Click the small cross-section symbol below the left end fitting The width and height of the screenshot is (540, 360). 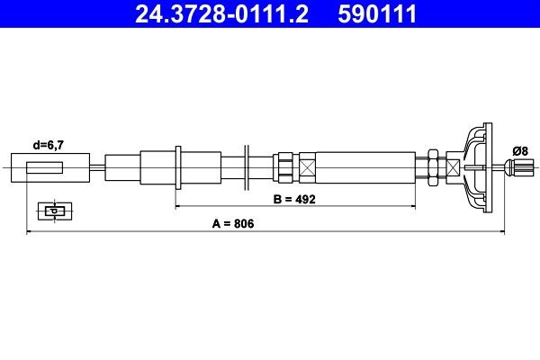point(55,211)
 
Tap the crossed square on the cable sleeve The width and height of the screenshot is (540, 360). point(308,167)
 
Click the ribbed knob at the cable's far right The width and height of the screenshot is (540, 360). point(520,167)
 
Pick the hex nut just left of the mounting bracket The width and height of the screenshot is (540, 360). point(434,167)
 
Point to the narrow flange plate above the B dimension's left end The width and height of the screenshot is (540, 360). point(180,167)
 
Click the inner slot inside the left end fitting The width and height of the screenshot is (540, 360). point(45,167)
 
